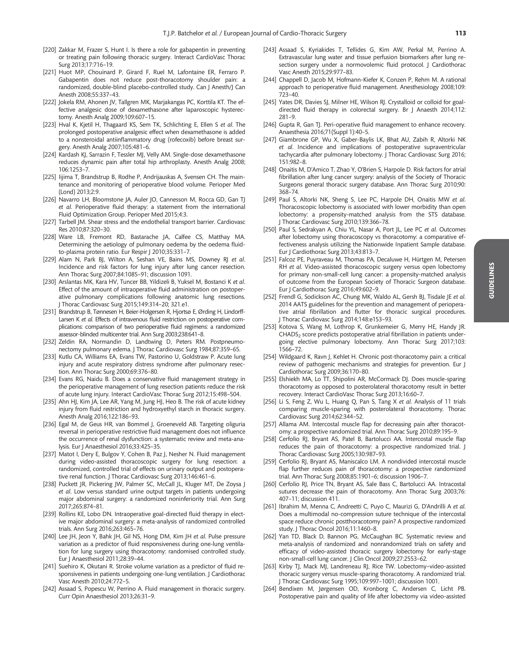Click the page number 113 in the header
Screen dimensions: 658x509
(x=461, y=33)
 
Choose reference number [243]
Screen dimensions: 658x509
(x=270, y=50)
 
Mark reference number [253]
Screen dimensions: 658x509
(x=270, y=327)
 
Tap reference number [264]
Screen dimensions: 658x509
(x=270, y=589)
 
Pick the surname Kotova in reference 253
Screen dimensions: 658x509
(x=288, y=327)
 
